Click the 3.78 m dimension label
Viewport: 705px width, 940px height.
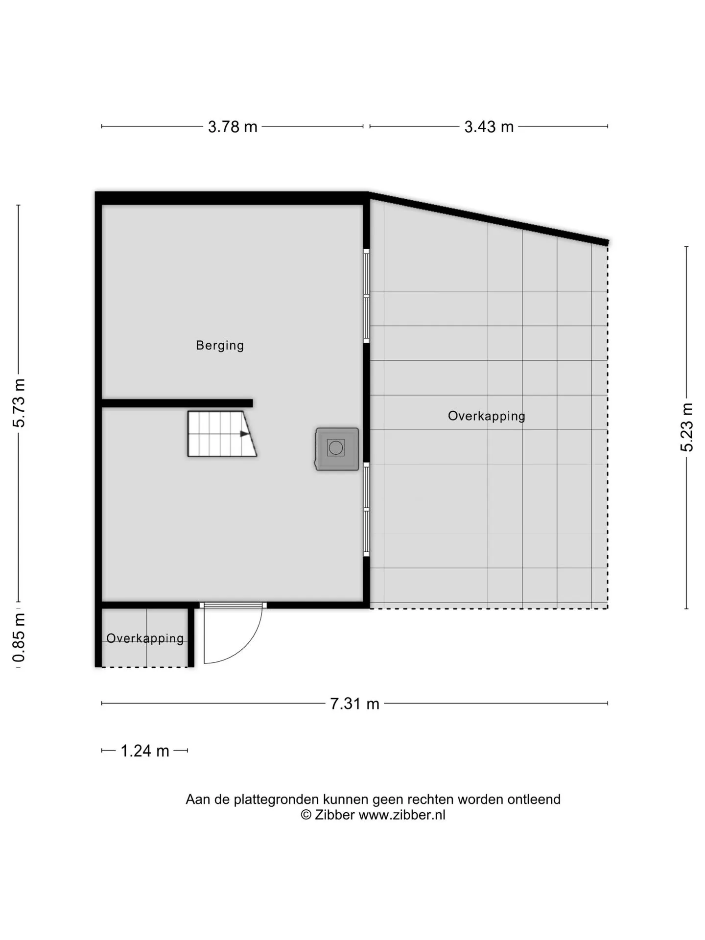pyautogui.click(x=233, y=127)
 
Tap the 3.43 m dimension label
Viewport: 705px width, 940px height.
pyautogui.click(x=489, y=127)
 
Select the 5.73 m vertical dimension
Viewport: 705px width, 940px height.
pyautogui.click(x=19, y=403)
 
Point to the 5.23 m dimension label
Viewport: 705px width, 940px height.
pyautogui.click(x=686, y=427)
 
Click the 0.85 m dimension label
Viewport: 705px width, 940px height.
pyautogui.click(x=19, y=637)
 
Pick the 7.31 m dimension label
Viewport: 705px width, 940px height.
pyautogui.click(x=354, y=704)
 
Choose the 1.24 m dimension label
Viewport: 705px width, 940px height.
pyautogui.click(x=144, y=751)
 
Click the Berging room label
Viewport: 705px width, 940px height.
pyautogui.click(x=220, y=346)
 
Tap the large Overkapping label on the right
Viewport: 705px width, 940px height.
pyautogui.click(x=487, y=416)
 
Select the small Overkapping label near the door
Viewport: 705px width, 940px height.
pyautogui.click(x=145, y=638)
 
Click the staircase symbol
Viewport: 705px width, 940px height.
pyautogui.click(x=222, y=434)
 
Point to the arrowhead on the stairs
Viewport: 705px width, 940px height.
pyautogui.click(x=244, y=434)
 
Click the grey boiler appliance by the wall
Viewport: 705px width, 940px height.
pyautogui.click(x=337, y=449)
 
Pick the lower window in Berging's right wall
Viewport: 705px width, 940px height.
pyautogui.click(x=366, y=510)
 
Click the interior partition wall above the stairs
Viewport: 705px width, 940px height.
pyautogui.click(x=177, y=403)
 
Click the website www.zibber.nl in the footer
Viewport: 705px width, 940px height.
pyautogui.click(x=402, y=815)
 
